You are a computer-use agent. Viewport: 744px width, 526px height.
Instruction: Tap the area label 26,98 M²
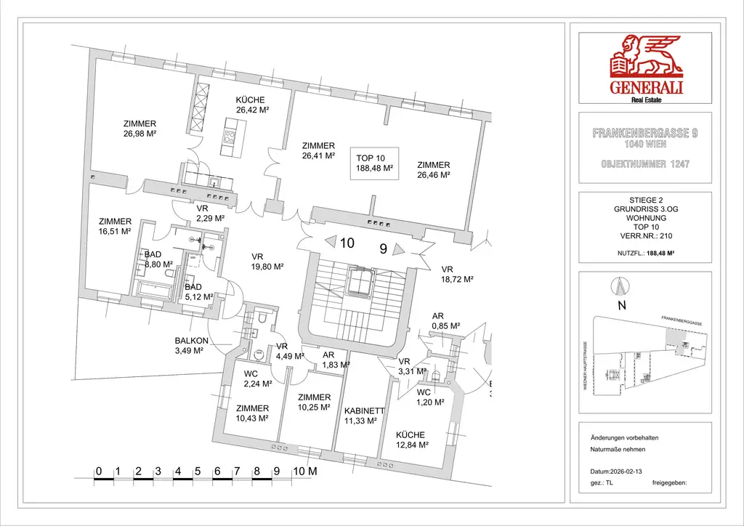140,134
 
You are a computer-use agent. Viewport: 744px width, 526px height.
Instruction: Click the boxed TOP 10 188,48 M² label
374,163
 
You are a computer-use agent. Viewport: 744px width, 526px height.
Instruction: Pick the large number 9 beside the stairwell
383,248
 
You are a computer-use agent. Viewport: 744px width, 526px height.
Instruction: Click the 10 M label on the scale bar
304,470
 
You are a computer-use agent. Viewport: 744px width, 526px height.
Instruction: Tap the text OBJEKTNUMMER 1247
644,165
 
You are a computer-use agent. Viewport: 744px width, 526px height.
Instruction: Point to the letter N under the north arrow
621,306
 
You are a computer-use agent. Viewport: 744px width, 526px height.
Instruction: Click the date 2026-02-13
626,471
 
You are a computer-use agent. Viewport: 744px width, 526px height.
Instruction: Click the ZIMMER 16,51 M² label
115,226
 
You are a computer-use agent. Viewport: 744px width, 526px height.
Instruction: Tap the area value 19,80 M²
267,267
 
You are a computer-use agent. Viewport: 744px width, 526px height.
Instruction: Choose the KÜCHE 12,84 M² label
410,440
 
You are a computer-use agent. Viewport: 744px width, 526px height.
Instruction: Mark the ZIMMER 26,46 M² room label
433,170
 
